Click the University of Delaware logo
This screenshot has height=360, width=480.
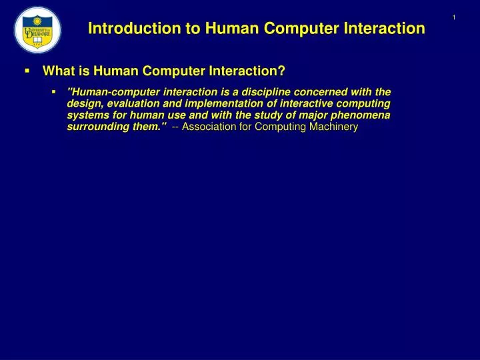pyautogui.click(x=37, y=29)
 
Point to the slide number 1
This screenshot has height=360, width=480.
pyautogui.click(x=453, y=17)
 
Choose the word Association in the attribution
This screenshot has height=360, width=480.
pyautogui.click(x=209, y=127)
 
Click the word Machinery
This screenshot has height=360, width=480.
pyautogui.click(x=335, y=127)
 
